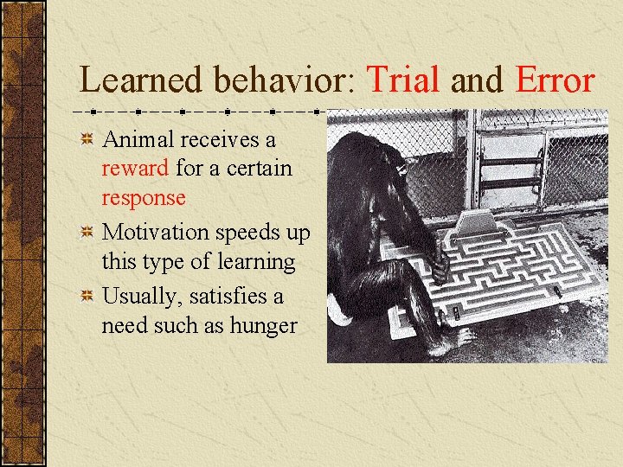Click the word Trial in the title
tap(405, 80)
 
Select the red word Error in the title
tap(555, 80)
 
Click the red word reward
tap(135, 167)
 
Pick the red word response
tap(144, 197)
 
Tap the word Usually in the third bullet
tap(138, 296)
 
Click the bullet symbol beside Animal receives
tap(87, 138)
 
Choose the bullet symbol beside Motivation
tap(87, 232)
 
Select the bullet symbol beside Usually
tap(87, 296)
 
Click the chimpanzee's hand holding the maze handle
tap(440, 266)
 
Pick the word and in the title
tap(476, 80)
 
